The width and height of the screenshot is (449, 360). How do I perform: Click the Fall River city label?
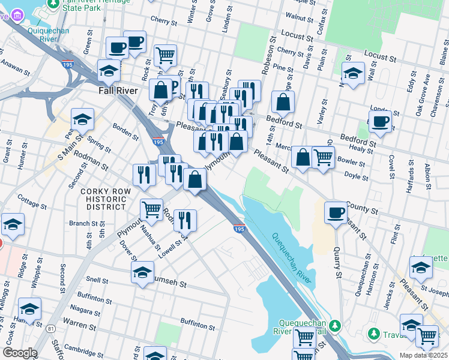tap(118, 91)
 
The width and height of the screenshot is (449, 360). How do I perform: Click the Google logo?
tap(19, 353)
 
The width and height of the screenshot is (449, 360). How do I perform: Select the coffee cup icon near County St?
tap(336, 212)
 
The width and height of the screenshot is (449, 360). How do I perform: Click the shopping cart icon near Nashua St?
tap(151, 210)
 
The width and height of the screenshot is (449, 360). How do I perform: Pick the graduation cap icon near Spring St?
tap(82, 119)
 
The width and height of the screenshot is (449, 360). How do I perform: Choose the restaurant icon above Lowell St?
tap(184, 220)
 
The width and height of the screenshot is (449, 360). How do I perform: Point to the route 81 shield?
tap(50, 329)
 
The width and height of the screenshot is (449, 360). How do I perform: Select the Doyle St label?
tap(356, 176)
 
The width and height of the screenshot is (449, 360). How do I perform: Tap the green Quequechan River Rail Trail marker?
tap(334, 326)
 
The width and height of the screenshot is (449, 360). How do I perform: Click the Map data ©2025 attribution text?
tap(423, 355)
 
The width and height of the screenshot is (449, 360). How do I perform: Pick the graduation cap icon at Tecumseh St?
tap(142, 272)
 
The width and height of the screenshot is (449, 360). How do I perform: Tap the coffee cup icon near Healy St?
tap(379, 122)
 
